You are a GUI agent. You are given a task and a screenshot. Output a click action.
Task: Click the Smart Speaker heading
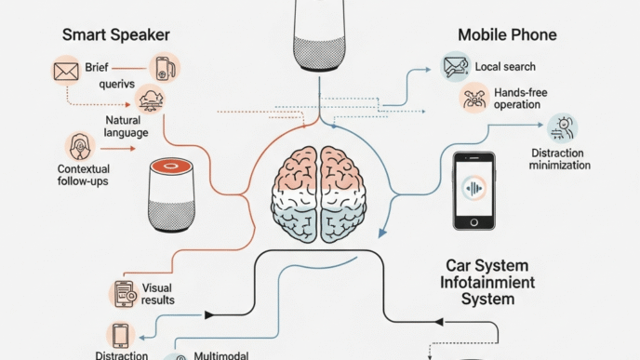click(x=116, y=35)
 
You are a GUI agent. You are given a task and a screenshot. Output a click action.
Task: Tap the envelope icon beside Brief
click(x=65, y=70)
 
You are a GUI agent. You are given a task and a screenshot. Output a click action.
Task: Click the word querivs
click(x=118, y=85)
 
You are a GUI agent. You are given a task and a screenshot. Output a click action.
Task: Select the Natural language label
click(x=127, y=126)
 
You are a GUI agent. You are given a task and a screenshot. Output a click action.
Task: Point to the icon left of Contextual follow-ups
click(x=78, y=145)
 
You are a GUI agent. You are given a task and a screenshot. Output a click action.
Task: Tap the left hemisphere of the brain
click(x=296, y=192)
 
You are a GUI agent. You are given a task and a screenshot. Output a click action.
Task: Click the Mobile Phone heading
click(x=507, y=35)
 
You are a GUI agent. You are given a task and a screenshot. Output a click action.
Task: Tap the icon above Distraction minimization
click(x=561, y=127)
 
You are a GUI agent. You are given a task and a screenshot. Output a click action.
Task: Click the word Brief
click(x=97, y=68)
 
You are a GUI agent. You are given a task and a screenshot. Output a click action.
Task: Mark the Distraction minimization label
click(x=560, y=159)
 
